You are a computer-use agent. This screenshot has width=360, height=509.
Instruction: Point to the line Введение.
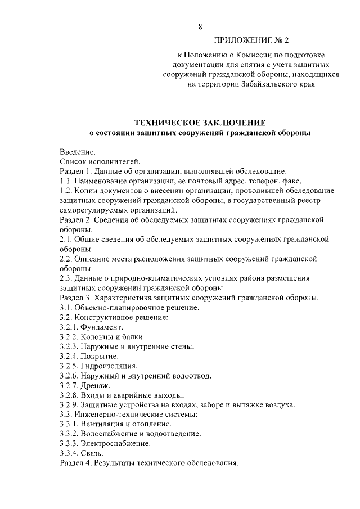coord(78,151)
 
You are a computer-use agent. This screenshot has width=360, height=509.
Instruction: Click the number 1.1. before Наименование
coord(66,181)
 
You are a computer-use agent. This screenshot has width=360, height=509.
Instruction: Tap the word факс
coord(292,181)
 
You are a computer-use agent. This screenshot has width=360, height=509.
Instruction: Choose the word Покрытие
coord(100,356)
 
